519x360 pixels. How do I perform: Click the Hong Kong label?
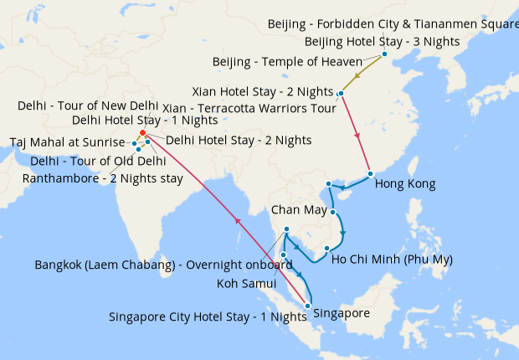405,183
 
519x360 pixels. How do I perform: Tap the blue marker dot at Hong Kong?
370,174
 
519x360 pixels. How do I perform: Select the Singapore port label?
341,313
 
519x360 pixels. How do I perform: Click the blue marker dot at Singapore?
308,305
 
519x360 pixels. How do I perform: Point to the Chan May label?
299,209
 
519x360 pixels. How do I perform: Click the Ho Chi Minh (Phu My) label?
392,260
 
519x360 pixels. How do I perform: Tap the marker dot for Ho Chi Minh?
326,249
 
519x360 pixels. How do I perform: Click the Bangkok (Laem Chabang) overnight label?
164,265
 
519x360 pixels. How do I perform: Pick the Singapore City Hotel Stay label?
208,317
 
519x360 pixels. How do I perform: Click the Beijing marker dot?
384,54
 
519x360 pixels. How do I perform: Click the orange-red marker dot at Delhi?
143,133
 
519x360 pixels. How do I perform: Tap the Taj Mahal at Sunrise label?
67,142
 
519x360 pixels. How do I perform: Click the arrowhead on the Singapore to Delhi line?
237,222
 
